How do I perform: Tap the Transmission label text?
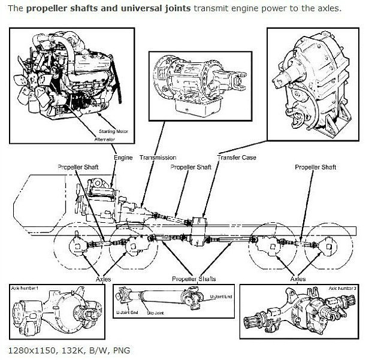click(158, 158)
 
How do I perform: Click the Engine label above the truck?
click(123, 158)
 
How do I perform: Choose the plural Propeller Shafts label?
click(194, 279)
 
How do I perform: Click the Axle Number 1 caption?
click(25, 289)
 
